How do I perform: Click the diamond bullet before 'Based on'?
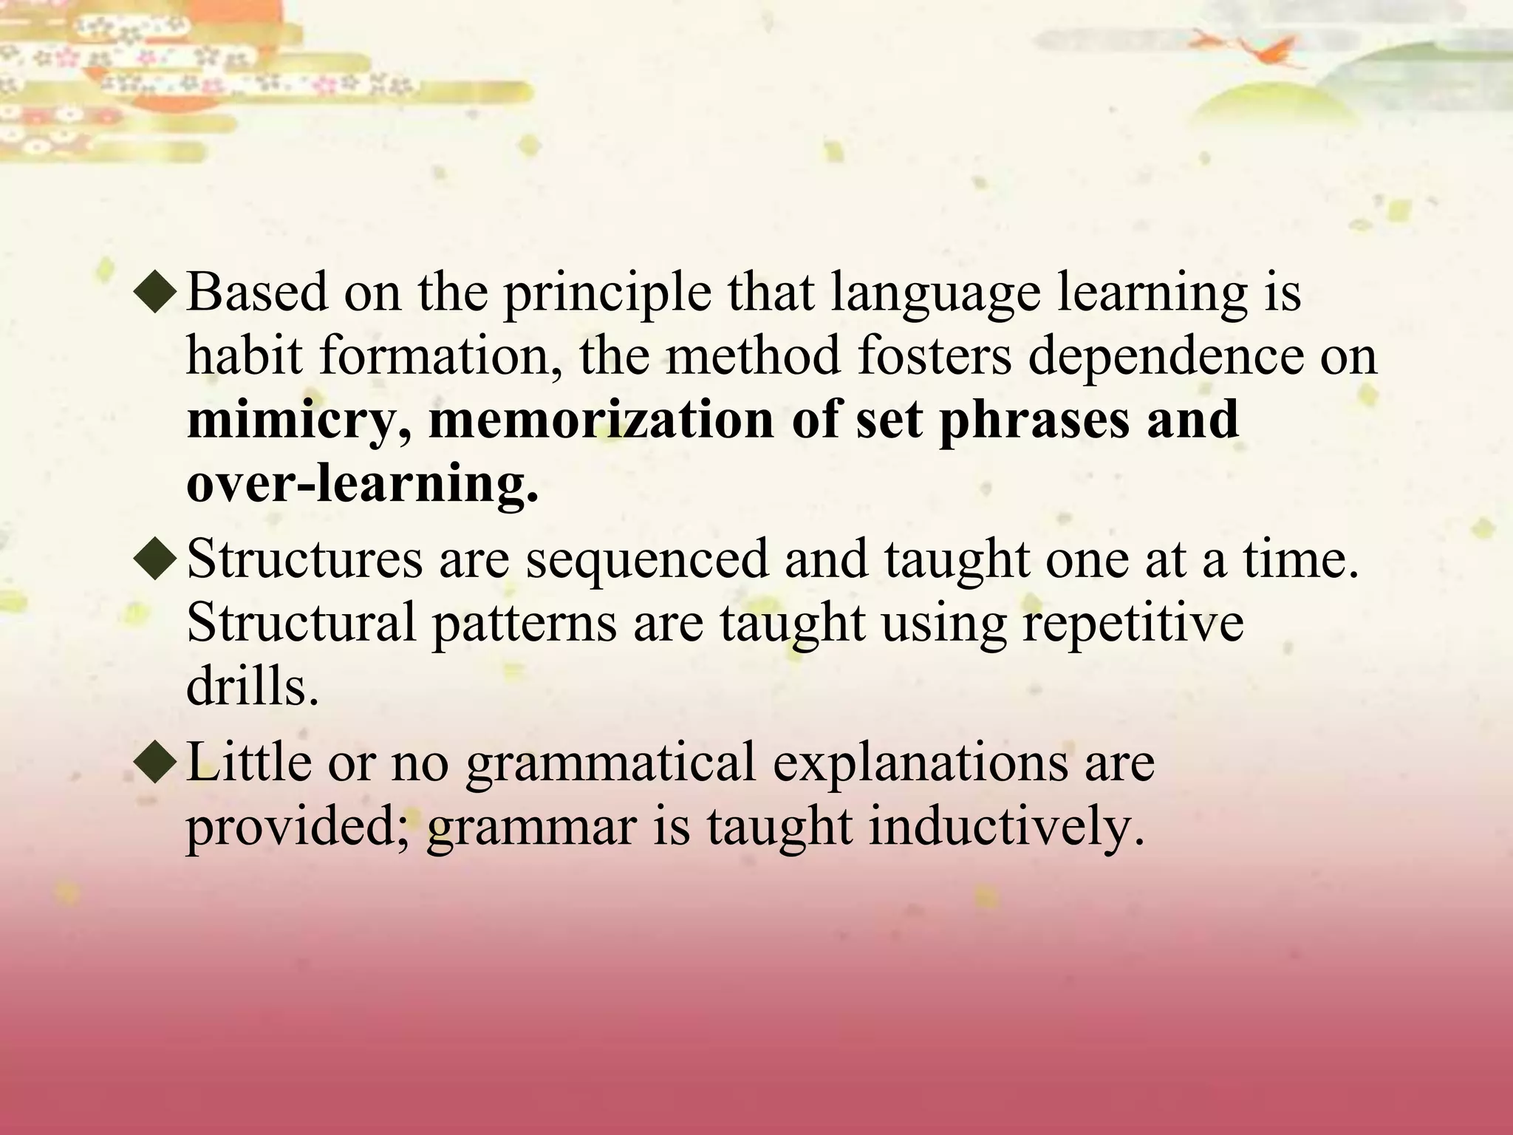click(156, 293)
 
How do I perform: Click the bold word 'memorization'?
click(601, 420)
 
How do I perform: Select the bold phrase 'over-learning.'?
click(362, 484)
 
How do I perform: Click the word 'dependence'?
click(1166, 356)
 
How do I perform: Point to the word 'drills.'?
click(252, 687)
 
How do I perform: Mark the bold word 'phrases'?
click(1034, 420)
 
